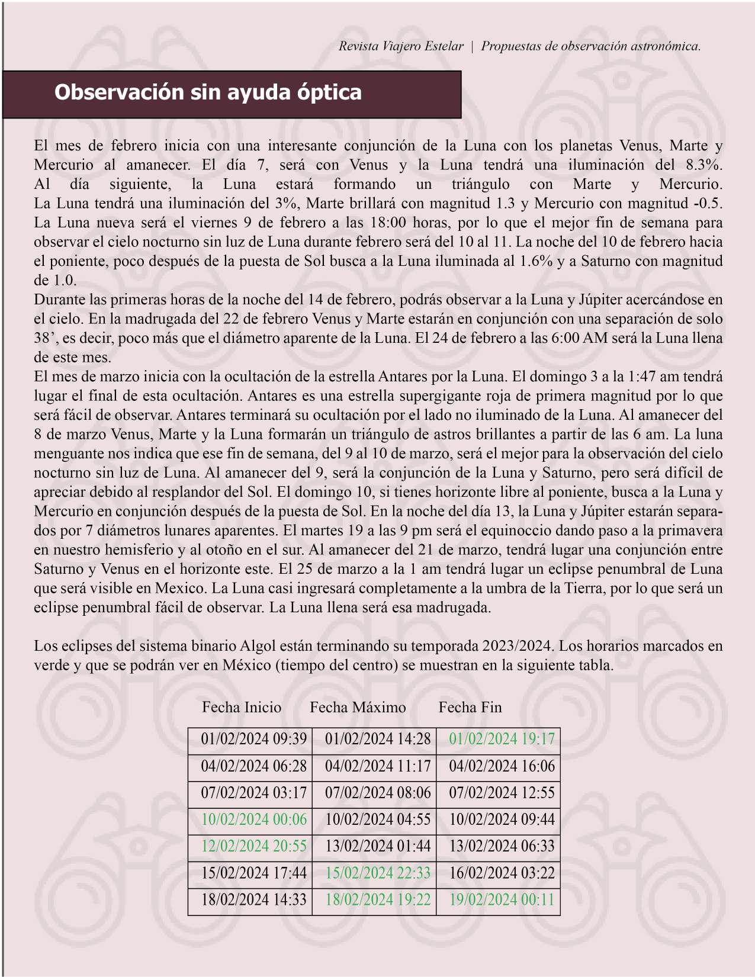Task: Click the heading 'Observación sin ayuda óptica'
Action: (208, 92)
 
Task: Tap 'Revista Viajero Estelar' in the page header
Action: (401, 46)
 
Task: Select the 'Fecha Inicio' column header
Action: (242, 707)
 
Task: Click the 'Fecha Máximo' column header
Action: (358, 707)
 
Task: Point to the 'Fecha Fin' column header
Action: (470, 707)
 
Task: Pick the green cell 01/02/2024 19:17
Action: (502, 739)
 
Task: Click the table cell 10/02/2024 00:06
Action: (253, 819)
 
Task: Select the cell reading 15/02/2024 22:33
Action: (378, 873)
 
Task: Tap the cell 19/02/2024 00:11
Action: (502, 900)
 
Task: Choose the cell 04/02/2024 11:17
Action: (378, 766)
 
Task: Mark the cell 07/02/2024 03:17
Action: (253, 793)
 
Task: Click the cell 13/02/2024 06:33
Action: (502, 846)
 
